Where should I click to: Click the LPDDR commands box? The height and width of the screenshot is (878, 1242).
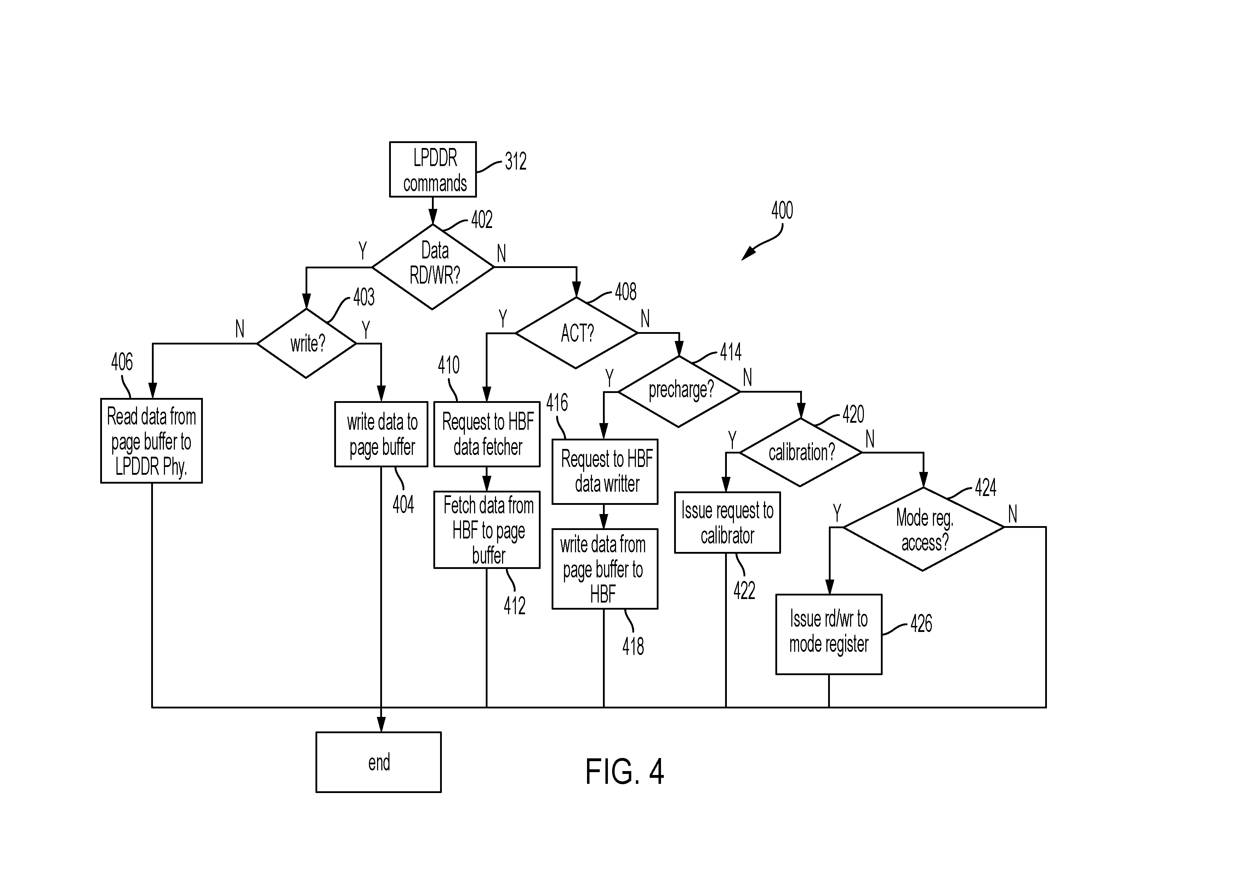pos(433,169)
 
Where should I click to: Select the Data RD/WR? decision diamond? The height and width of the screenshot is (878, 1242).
pos(433,267)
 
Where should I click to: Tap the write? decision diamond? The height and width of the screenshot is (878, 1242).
pos(307,343)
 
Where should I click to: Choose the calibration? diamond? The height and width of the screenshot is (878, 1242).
pos(801,452)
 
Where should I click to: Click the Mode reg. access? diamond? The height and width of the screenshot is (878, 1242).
pos(923,529)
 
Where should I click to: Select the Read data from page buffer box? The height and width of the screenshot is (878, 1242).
pos(152,440)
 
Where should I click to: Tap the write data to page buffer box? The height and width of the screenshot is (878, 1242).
pos(381,434)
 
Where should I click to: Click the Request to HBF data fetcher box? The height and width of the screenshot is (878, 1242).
pos(487,434)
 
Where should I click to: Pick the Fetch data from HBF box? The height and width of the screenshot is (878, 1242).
pos(487,530)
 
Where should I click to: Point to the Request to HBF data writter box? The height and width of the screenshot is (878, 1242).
pos(605,471)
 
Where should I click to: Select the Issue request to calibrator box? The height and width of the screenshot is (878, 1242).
pos(727,523)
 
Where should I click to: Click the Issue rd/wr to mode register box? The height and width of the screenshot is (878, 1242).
pos(829,634)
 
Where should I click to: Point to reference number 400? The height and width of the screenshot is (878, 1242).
pos(782,210)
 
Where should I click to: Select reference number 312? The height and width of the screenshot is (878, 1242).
pos(515,161)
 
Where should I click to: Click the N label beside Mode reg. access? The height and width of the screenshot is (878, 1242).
pos(1013,514)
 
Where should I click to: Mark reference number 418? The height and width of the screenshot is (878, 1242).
pos(633,646)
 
